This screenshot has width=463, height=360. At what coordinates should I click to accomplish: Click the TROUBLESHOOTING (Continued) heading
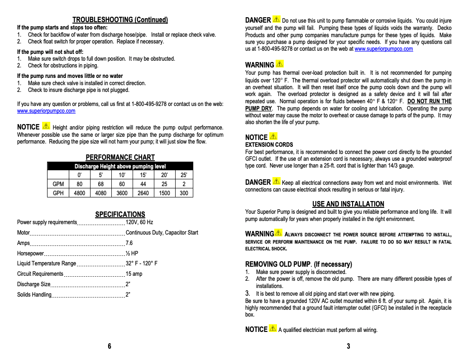click(x=120, y=20)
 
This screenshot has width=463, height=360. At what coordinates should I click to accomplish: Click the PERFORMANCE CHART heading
click(x=120, y=158)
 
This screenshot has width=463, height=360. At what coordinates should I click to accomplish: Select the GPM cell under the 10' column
click(x=122, y=184)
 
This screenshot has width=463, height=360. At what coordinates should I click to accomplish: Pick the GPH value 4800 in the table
click(x=80, y=193)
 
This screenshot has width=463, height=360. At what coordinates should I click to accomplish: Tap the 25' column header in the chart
click(x=184, y=175)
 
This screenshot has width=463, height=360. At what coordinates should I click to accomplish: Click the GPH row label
click(x=58, y=193)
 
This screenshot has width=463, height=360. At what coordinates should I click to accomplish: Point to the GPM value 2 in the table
click(x=184, y=184)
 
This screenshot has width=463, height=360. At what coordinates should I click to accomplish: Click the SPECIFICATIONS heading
click(x=120, y=215)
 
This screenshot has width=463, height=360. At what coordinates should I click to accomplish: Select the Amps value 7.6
click(x=129, y=243)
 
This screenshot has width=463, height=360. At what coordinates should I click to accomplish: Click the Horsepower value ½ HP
click(x=132, y=254)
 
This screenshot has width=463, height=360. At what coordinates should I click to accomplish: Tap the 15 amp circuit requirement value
click(x=134, y=274)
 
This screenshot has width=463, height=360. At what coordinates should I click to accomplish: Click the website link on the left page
click(x=46, y=111)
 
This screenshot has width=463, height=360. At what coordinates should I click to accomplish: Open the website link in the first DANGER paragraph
click(x=383, y=49)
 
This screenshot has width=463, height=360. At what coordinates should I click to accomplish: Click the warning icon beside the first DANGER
click(x=277, y=19)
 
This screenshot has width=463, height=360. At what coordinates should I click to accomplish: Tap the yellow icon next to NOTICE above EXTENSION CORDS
click(x=273, y=136)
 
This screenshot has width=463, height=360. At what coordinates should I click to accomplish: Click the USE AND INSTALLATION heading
click(x=348, y=204)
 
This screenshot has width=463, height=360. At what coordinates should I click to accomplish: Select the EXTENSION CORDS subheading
click(x=269, y=145)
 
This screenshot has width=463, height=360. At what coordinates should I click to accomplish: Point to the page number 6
click(x=110, y=346)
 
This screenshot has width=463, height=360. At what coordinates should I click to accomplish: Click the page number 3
click(x=348, y=346)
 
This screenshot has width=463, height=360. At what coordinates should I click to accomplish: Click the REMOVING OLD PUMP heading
click(x=278, y=264)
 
